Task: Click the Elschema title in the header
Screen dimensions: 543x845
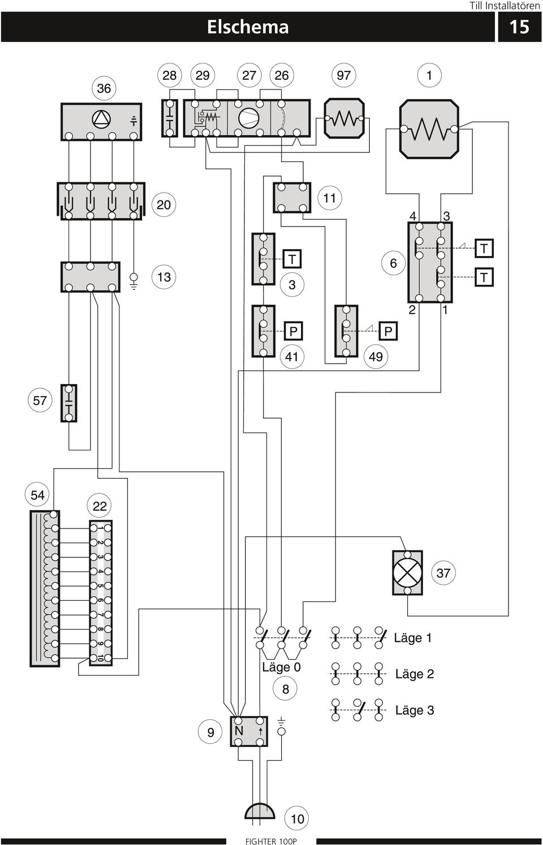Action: (248, 27)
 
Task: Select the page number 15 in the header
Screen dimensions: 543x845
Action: (519, 27)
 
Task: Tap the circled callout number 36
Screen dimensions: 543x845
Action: (104, 88)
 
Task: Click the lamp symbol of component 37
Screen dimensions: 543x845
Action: (407, 573)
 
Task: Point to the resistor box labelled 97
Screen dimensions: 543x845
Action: (344, 118)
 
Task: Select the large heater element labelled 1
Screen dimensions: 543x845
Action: (429, 129)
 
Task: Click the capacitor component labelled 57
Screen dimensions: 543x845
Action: (69, 403)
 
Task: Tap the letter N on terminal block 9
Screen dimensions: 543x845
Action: (239, 731)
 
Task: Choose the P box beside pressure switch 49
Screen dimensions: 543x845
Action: (388, 331)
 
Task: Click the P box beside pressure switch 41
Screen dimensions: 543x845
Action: (293, 331)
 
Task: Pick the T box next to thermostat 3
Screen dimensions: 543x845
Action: (292, 259)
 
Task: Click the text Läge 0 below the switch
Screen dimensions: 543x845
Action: (281, 667)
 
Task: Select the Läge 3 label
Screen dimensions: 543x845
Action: (415, 710)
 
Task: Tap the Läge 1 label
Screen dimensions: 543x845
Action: (412, 638)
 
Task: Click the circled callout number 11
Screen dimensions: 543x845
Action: (330, 198)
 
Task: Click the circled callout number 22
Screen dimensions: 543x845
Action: (100, 506)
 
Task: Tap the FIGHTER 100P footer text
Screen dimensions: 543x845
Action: (271, 841)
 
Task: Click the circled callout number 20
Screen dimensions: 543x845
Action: (163, 205)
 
